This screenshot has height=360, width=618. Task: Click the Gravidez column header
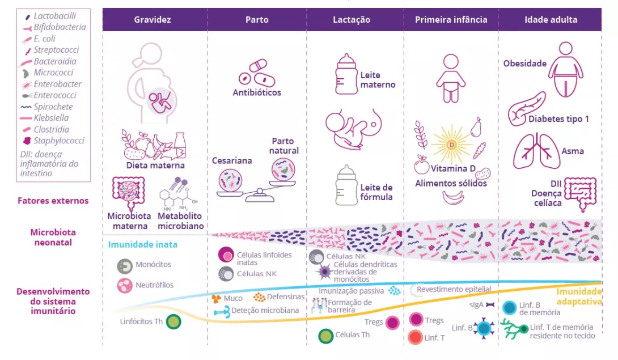point(153,19)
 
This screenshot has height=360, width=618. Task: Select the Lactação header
point(352,19)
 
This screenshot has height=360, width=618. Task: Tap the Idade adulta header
point(551,19)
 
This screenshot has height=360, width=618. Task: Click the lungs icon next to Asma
point(536,151)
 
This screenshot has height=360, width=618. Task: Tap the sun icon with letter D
point(452,145)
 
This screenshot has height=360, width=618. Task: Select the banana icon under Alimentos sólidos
point(454,197)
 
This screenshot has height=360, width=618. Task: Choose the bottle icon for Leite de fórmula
point(346,185)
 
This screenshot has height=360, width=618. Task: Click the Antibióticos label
point(257,92)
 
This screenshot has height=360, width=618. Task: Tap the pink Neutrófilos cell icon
point(124,286)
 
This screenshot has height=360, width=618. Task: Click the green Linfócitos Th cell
point(174,322)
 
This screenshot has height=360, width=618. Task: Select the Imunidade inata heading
point(143,245)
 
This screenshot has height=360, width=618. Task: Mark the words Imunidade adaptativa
point(578,297)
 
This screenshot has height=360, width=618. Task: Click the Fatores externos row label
point(53,201)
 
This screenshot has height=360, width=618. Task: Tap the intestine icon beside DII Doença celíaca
point(581,194)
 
